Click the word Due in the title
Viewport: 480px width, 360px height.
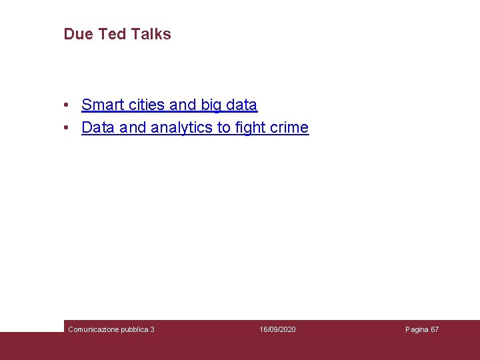click(x=78, y=34)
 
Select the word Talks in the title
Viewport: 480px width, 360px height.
click(x=151, y=34)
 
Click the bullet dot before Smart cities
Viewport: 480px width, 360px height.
click(x=67, y=105)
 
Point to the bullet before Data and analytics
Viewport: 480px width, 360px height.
click(x=67, y=128)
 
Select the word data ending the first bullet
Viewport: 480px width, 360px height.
click(x=242, y=105)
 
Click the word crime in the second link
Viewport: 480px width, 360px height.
click(x=289, y=127)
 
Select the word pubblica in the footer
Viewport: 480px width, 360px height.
click(x=135, y=329)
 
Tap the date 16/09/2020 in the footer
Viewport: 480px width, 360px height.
click(x=278, y=329)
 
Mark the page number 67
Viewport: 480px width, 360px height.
click(x=435, y=329)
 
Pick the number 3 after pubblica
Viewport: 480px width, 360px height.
click(x=153, y=329)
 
